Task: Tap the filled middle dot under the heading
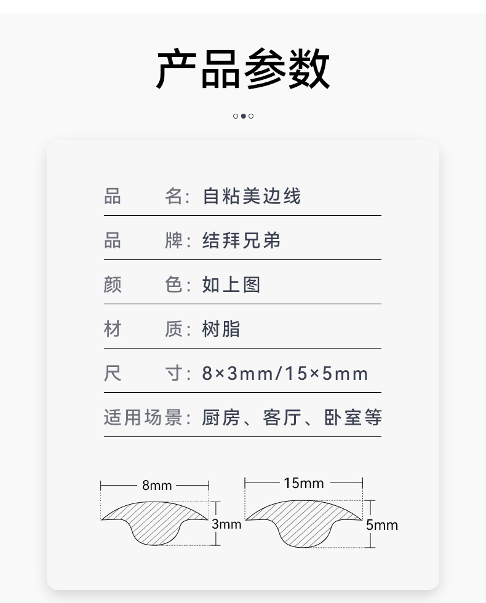click(x=243, y=116)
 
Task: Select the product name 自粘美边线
click(x=252, y=197)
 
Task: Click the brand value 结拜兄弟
click(x=241, y=240)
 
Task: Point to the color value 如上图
click(x=231, y=285)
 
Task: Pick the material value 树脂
click(x=221, y=329)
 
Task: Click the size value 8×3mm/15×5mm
click(x=285, y=373)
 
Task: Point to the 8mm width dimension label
click(x=157, y=485)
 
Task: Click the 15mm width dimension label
click(x=303, y=483)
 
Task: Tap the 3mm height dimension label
click(x=226, y=524)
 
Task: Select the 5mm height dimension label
click(x=381, y=525)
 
